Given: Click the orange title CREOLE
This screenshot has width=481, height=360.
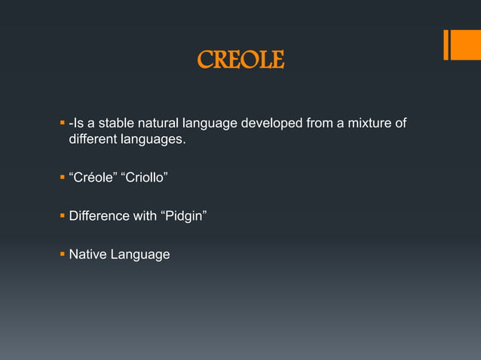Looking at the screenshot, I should coord(240,60).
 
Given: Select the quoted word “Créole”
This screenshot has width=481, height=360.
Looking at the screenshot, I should coord(93,178).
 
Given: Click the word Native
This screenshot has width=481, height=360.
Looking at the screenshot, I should coord(87,255).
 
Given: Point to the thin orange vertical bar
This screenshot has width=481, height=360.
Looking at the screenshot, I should coord(446,44).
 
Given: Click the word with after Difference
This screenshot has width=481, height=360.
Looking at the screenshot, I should coord(143,216).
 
